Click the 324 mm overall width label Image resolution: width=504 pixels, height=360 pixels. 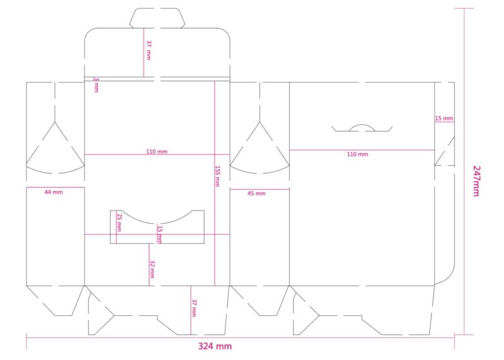coord(215,346)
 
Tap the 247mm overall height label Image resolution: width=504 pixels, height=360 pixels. coord(476,181)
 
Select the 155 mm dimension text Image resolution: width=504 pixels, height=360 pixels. coord(217,176)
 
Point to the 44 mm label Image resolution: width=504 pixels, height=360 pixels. coord(54,192)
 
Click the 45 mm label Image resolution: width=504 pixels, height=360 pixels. coord(256,194)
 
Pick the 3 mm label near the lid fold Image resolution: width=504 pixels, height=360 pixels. coord(96,84)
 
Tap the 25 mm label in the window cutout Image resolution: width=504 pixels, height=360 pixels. coord(119,223)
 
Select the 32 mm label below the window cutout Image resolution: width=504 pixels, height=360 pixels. coord(152,269)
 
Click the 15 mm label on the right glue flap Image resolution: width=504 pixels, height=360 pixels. coord(444,119)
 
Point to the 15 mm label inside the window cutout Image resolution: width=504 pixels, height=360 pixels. coord(160,234)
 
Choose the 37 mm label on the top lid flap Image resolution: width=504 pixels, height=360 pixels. coord(149,50)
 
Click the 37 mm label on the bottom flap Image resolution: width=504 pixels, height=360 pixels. coord(194,308)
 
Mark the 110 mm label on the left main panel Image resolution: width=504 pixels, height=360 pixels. coord(157,151)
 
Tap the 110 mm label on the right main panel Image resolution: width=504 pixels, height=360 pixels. coord(357,154)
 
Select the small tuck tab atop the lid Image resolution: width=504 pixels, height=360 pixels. coord(157,18)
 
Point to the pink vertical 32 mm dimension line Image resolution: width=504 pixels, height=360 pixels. coord(149,264)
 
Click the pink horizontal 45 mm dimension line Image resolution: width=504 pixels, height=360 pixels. coord(260,189)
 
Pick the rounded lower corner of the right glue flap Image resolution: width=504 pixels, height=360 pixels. coord(449,277)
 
